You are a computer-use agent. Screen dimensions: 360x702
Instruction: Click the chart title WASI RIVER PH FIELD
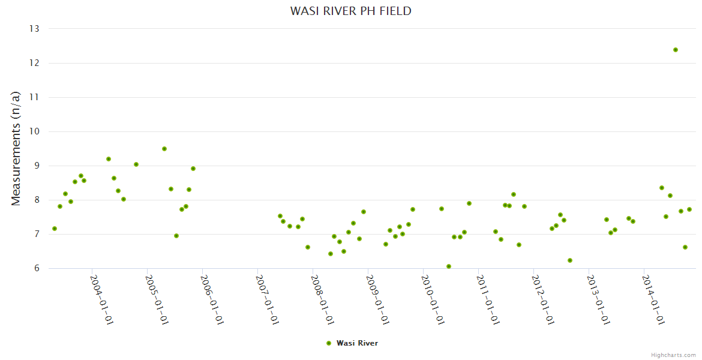coord(351,11)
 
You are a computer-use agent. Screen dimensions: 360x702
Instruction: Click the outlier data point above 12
coord(676,50)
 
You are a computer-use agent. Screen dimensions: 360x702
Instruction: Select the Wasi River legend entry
coord(357,343)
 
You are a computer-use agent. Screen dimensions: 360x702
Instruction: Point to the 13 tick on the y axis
coord(34,29)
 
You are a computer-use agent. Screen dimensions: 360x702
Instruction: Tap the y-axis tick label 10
coord(34,131)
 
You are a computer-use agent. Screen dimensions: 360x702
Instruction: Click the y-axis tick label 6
coord(36,268)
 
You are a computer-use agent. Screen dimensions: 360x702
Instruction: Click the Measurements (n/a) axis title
coord(17,148)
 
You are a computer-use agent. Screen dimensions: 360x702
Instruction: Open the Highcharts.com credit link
coord(673,355)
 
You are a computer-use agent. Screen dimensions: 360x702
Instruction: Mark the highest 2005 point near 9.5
coord(164,149)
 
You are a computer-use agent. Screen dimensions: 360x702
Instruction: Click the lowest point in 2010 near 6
coord(449,266)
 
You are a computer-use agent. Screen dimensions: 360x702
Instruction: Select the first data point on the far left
coord(55,229)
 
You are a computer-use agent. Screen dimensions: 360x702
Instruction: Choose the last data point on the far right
coord(689,209)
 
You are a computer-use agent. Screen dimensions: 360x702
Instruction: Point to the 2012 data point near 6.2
coord(570,260)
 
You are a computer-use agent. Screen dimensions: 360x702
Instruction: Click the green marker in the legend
coord(328,343)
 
